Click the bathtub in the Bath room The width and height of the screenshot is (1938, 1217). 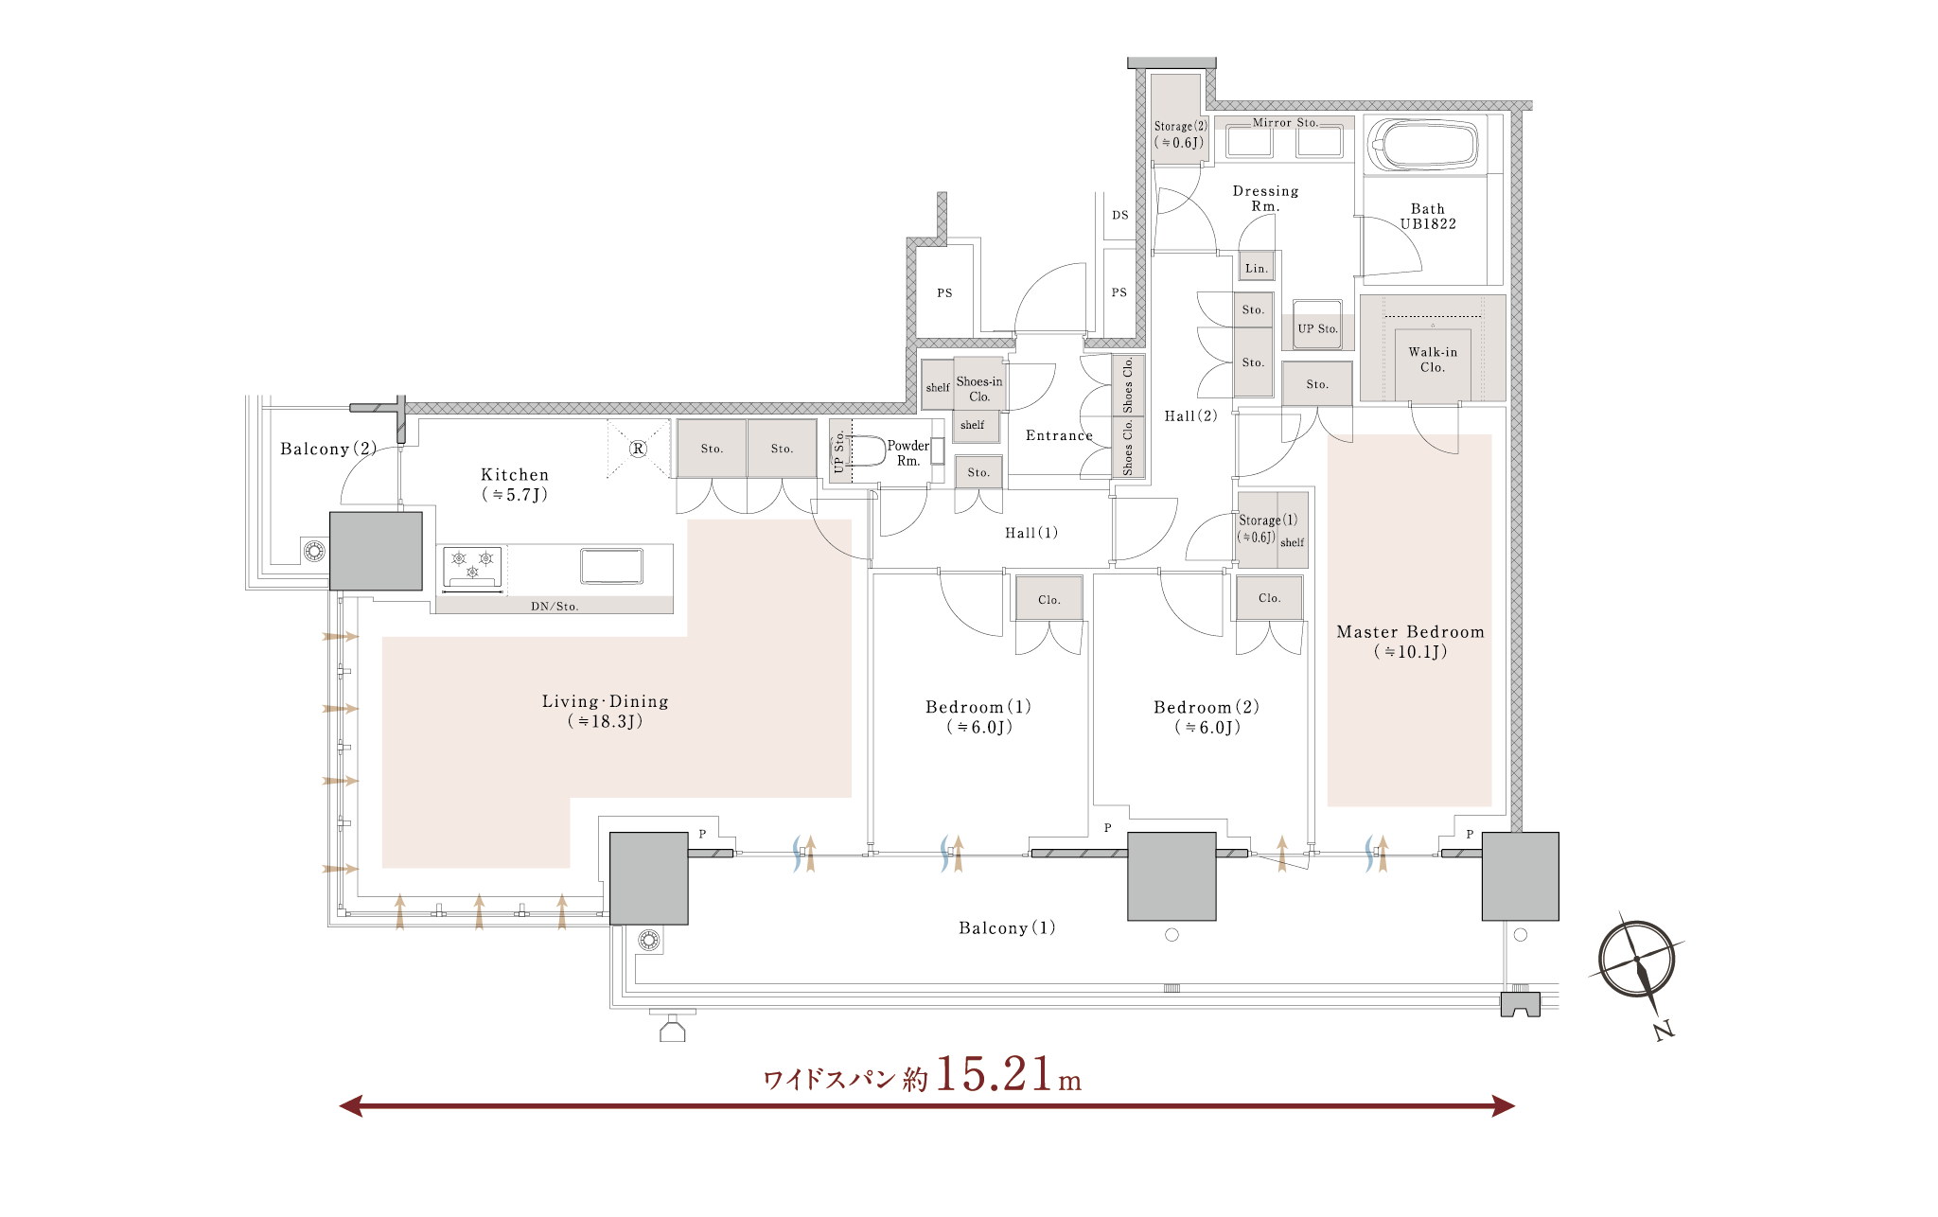[x=1422, y=145]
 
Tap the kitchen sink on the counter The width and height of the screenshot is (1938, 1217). [x=611, y=566]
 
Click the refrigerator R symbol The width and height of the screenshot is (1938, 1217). [x=638, y=449]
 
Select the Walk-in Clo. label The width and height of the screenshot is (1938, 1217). [x=1433, y=360]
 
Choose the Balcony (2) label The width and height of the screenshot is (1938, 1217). [x=328, y=449]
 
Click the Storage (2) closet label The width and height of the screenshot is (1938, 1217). [x=1179, y=134]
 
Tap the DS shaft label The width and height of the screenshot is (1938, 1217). [x=1120, y=215]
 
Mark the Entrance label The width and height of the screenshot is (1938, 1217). [x=1059, y=435]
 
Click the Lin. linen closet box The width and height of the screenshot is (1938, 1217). [x=1257, y=268]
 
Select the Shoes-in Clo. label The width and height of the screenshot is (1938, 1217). [x=979, y=389]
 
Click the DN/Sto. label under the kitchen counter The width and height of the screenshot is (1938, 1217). [x=555, y=607]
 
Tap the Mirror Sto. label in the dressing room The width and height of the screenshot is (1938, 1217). [x=1285, y=123]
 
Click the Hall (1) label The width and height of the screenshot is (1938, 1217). [x=1031, y=533]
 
